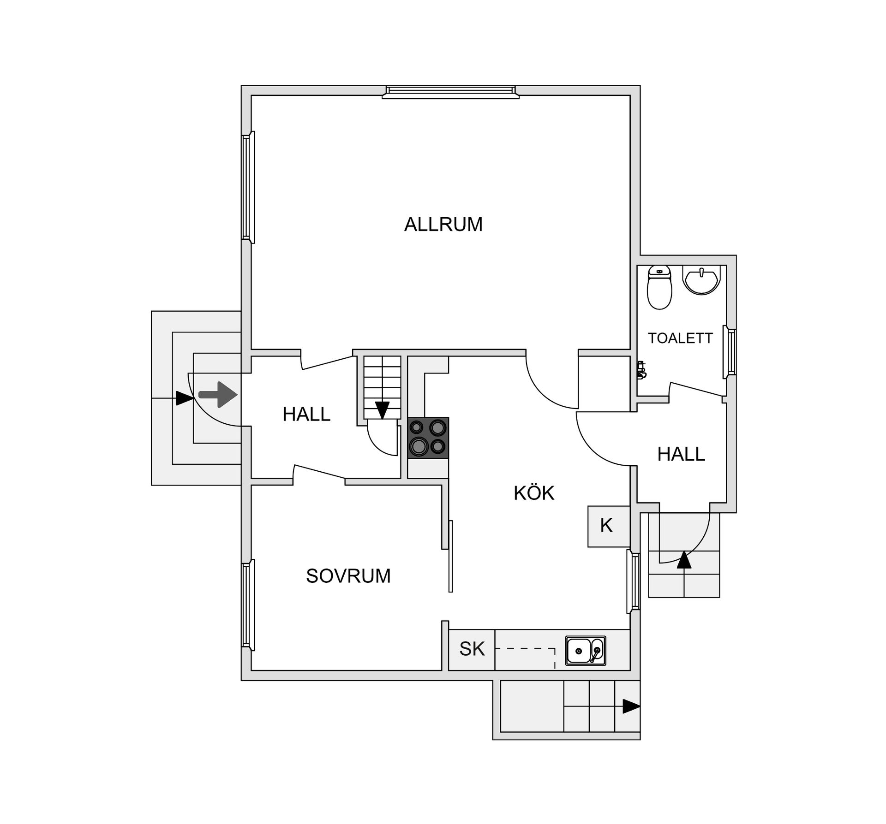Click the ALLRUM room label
point(443,225)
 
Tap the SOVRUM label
point(348,576)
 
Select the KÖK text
point(534,492)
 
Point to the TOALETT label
point(681,338)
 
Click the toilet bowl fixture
point(659,287)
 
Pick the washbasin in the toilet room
point(701,280)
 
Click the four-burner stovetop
point(428,438)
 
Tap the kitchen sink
point(586,651)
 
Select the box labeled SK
point(472,649)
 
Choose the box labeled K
point(609,526)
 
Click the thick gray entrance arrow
point(218,395)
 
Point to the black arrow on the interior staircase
point(382,409)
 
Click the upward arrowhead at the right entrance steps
point(684,560)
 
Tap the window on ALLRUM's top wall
point(450,92)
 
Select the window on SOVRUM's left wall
point(248,605)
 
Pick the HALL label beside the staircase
point(306,415)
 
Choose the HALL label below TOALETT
point(681,454)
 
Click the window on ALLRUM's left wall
point(248,187)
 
